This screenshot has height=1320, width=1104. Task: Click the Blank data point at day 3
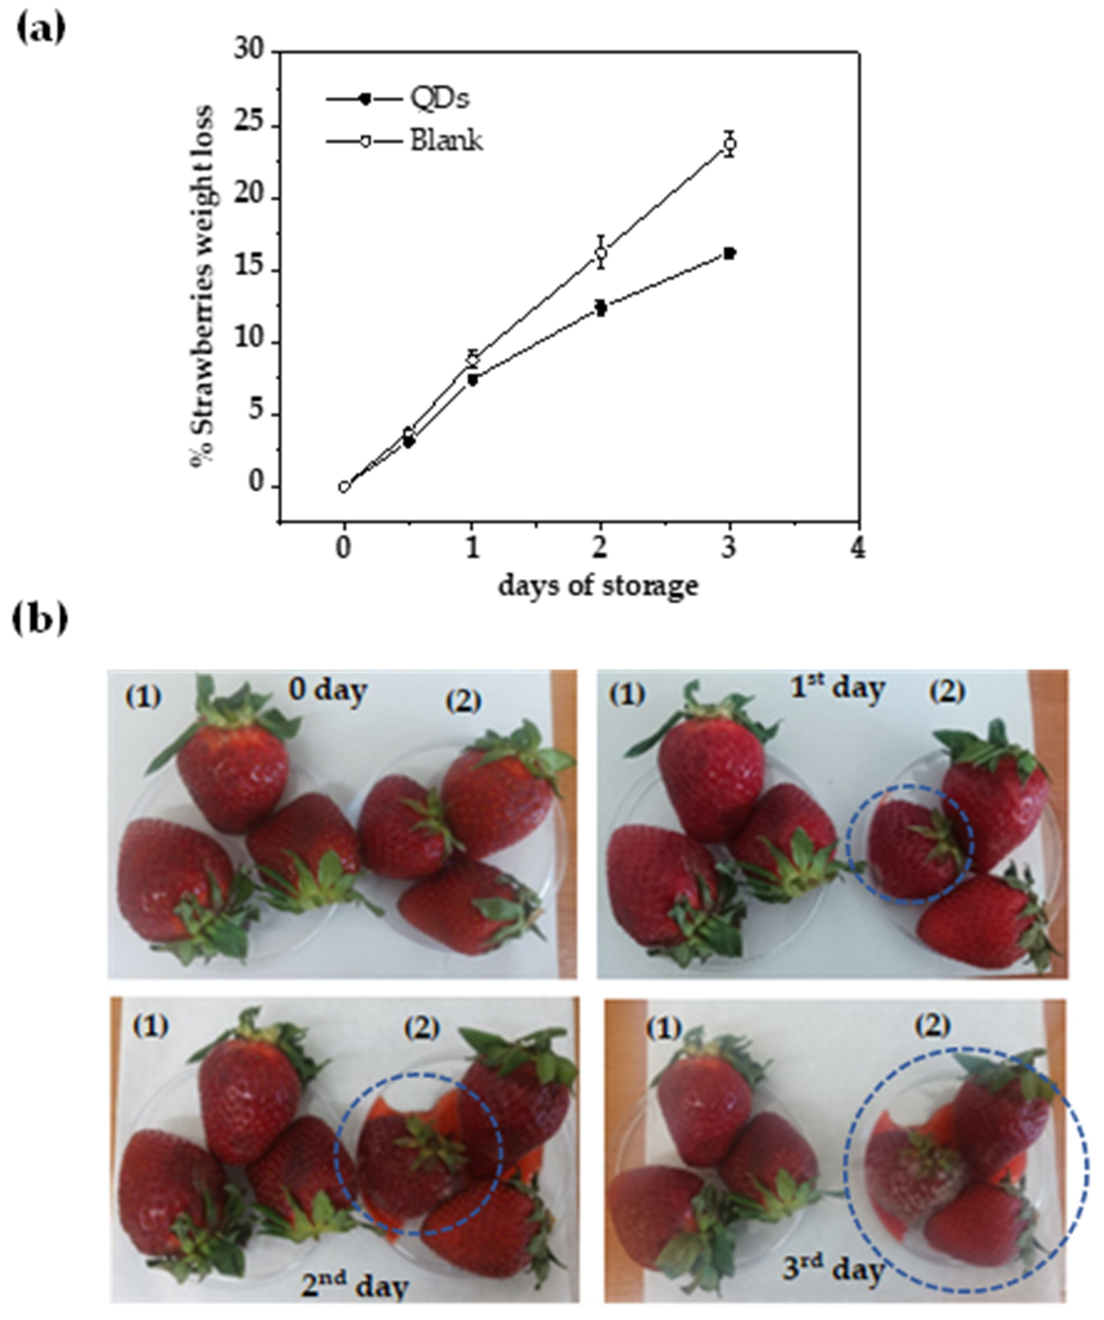click(729, 144)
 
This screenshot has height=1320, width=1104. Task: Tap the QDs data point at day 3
click(729, 253)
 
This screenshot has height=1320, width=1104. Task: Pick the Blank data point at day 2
click(601, 253)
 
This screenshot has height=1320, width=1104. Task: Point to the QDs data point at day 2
click(601, 308)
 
